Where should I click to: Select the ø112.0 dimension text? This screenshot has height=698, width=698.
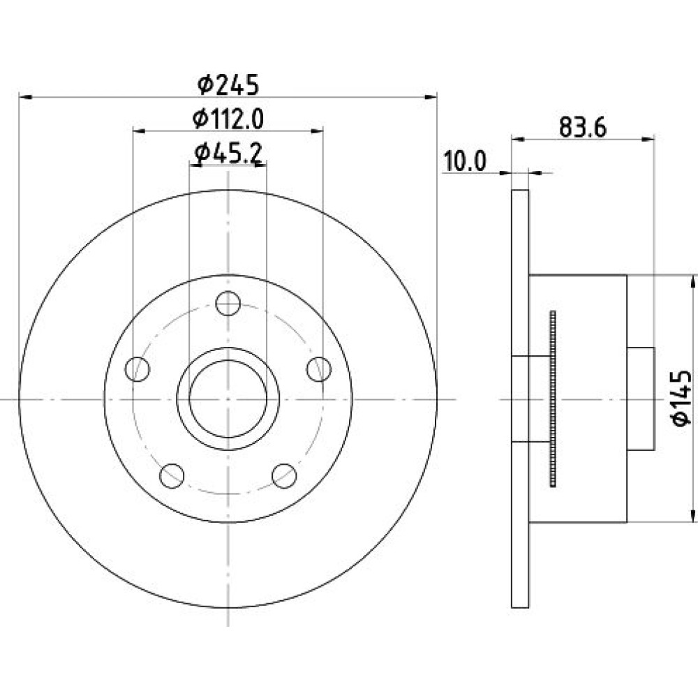(228, 119)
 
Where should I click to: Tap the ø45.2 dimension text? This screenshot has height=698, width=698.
(228, 154)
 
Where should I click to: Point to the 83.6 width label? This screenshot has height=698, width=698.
(583, 128)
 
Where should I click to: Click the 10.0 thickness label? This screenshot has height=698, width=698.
(465, 161)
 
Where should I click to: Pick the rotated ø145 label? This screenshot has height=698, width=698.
(681, 398)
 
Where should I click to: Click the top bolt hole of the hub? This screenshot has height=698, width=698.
(228, 303)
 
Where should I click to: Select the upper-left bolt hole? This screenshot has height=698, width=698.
(138, 369)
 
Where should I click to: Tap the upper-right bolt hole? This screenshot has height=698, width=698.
(319, 369)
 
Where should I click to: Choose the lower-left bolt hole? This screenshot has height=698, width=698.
(172, 475)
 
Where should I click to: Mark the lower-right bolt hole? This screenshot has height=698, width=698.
(284, 475)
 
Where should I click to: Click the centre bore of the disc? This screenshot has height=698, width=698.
(228, 399)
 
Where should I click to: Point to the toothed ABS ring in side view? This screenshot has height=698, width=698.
(553, 399)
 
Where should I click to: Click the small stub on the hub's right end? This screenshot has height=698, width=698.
(641, 399)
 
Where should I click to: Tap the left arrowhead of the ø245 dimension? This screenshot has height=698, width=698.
(25, 96)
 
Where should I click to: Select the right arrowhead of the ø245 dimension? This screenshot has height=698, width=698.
(431, 96)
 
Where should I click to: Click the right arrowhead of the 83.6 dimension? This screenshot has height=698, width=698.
(648, 140)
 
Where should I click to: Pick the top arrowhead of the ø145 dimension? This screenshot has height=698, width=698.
(692, 282)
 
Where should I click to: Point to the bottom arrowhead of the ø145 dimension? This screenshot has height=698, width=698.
(692, 516)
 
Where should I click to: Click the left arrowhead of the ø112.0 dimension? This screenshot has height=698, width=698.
(140, 131)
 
